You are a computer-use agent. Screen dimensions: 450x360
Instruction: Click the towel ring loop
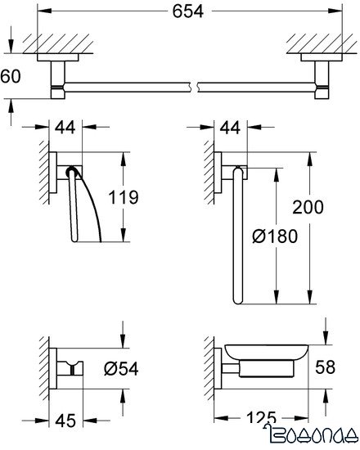click(237, 237)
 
